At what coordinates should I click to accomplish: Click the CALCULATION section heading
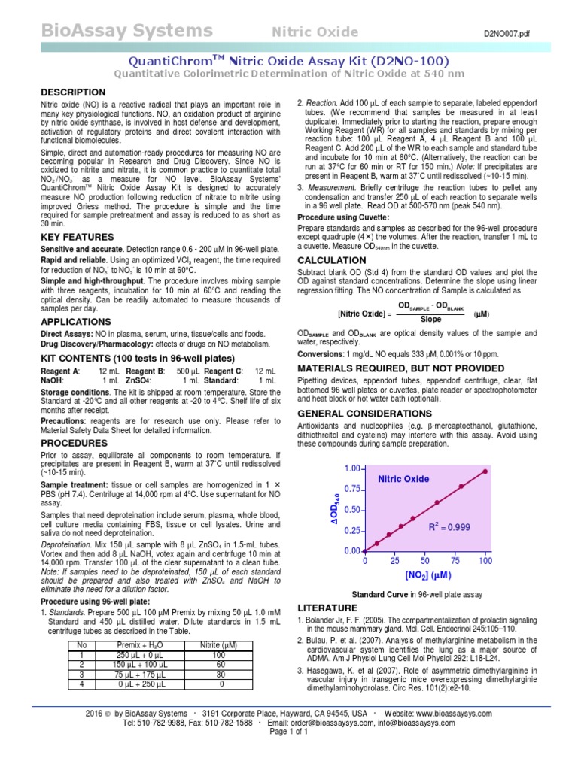pyautogui.click(x=332, y=260)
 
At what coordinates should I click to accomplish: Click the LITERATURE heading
pyautogui.click(x=328, y=607)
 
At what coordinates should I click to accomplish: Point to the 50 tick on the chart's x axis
pyautogui.click(x=425, y=561)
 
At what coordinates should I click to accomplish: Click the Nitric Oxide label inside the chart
pyautogui.click(x=403, y=479)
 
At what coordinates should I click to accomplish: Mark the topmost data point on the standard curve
pyautogui.click(x=485, y=471)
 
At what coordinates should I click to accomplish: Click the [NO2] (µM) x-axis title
pyautogui.click(x=427, y=575)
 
